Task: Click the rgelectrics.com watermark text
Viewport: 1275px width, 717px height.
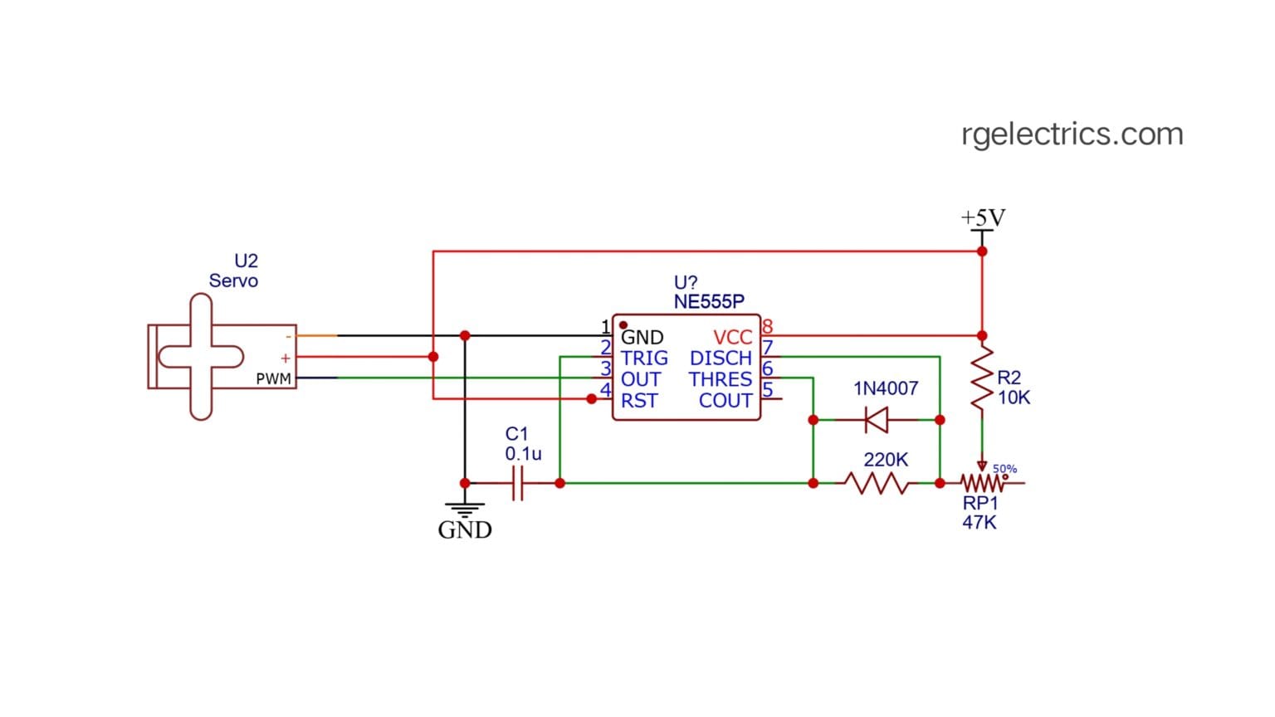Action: [1072, 134]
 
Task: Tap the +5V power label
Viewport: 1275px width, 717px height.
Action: [983, 218]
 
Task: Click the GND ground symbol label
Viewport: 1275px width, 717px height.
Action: [465, 530]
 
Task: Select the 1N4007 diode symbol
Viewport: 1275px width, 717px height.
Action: [877, 420]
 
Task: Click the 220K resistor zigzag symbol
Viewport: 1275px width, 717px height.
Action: [876, 483]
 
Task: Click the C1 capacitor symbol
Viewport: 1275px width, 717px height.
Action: [517, 483]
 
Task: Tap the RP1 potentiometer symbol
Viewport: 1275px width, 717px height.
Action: [983, 483]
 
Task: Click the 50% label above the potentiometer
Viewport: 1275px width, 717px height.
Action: [1004, 469]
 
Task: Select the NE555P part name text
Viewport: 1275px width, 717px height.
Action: [709, 301]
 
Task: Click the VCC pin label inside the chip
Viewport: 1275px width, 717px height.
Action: [732, 338]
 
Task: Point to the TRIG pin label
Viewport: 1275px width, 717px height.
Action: [644, 358]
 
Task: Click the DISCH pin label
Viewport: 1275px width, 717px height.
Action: [721, 358]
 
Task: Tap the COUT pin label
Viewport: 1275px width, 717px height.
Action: [725, 401]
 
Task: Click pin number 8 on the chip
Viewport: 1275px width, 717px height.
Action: [767, 327]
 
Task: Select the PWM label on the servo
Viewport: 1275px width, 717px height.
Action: [273, 379]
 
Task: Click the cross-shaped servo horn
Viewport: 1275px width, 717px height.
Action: [201, 357]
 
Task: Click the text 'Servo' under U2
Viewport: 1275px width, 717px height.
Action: [233, 281]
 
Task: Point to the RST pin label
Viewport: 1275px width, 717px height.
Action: [639, 401]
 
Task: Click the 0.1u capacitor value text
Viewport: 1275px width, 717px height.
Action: [523, 454]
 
